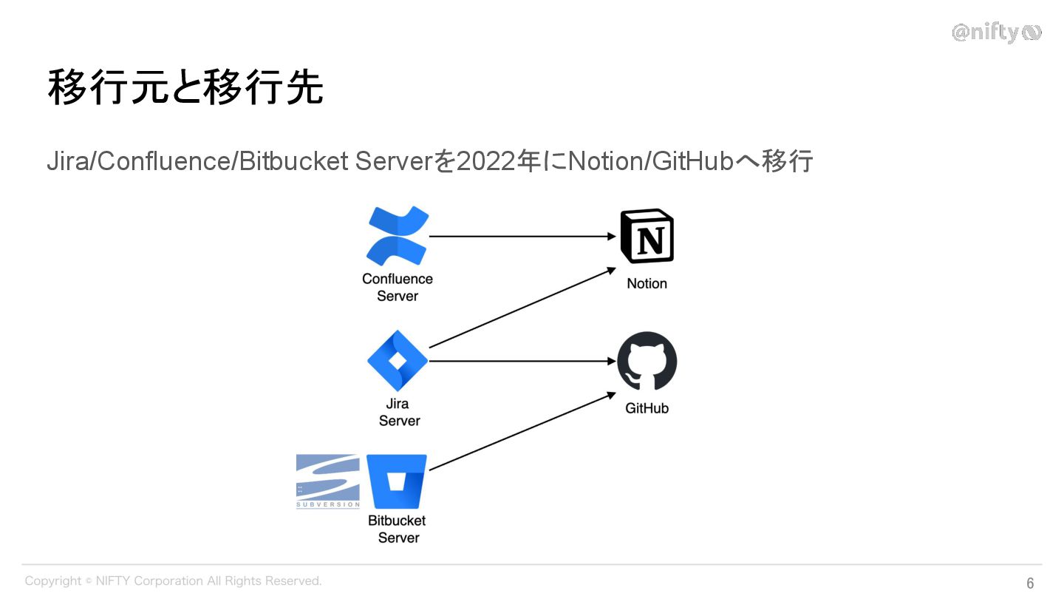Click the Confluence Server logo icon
point(398,236)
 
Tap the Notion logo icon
point(647,236)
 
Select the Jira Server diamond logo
point(398,361)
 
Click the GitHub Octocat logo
point(647,361)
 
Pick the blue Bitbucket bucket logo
point(397,481)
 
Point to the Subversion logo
point(328,481)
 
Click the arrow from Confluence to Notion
point(522,237)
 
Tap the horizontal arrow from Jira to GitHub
point(522,361)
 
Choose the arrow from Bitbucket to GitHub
point(522,432)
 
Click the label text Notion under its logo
point(647,283)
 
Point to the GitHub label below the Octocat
point(647,407)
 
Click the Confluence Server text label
point(398,287)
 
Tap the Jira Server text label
point(399,412)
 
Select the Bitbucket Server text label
point(398,529)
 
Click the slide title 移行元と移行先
point(185,88)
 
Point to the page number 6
point(1030,583)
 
